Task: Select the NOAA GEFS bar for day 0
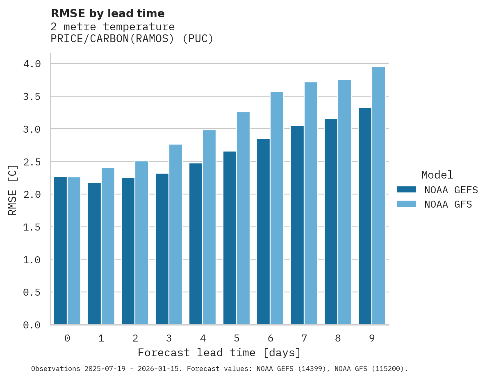60,251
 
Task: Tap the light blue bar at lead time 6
277,208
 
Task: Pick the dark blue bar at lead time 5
230,238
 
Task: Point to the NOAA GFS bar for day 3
175,235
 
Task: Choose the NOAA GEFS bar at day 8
331,222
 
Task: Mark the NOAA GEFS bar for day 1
94,254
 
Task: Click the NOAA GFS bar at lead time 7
311,204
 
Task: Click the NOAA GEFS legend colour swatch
406,190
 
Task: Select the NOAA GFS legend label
448,204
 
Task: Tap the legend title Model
437,175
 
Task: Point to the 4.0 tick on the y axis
32,64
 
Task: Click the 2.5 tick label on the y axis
32,162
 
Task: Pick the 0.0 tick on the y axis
32,325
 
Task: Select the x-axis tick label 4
203,338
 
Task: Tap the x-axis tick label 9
372,338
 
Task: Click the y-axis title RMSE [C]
13,190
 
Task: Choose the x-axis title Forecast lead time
219,353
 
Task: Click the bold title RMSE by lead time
107,14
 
